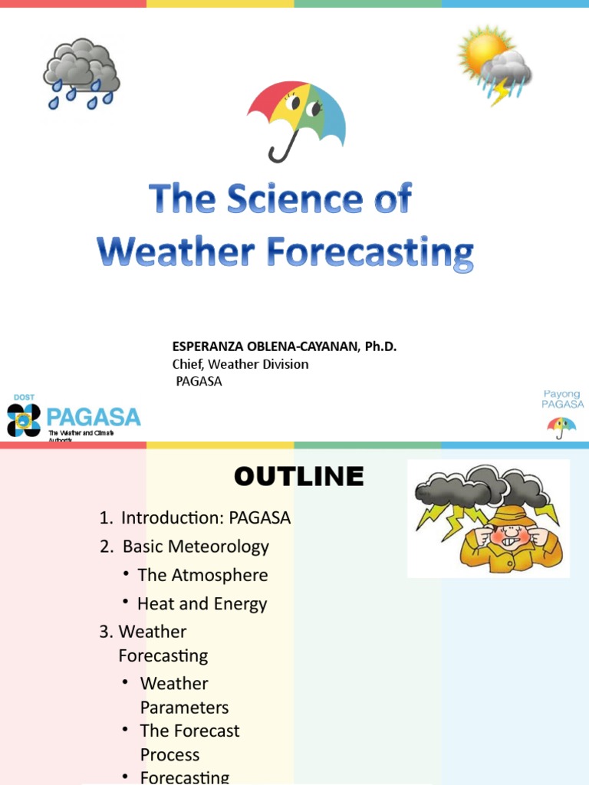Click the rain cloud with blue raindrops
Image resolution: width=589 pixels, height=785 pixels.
click(81, 74)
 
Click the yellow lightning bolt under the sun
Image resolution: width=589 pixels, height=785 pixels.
click(500, 93)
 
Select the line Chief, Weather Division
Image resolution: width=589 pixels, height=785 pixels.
click(240, 364)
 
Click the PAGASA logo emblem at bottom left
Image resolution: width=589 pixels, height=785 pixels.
click(23, 419)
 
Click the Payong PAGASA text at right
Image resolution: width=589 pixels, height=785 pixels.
click(562, 399)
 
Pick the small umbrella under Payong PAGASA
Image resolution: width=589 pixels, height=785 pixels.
click(562, 426)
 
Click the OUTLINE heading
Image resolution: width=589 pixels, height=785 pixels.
click(298, 476)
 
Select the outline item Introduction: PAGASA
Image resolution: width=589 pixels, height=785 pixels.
click(206, 517)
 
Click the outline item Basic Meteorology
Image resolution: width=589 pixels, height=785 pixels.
click(196, 547)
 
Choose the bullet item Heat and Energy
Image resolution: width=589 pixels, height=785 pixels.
click(202, 603)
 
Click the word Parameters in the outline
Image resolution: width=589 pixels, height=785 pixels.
click(184, 707)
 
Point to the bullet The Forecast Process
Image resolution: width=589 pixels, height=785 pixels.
click(189, 742)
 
